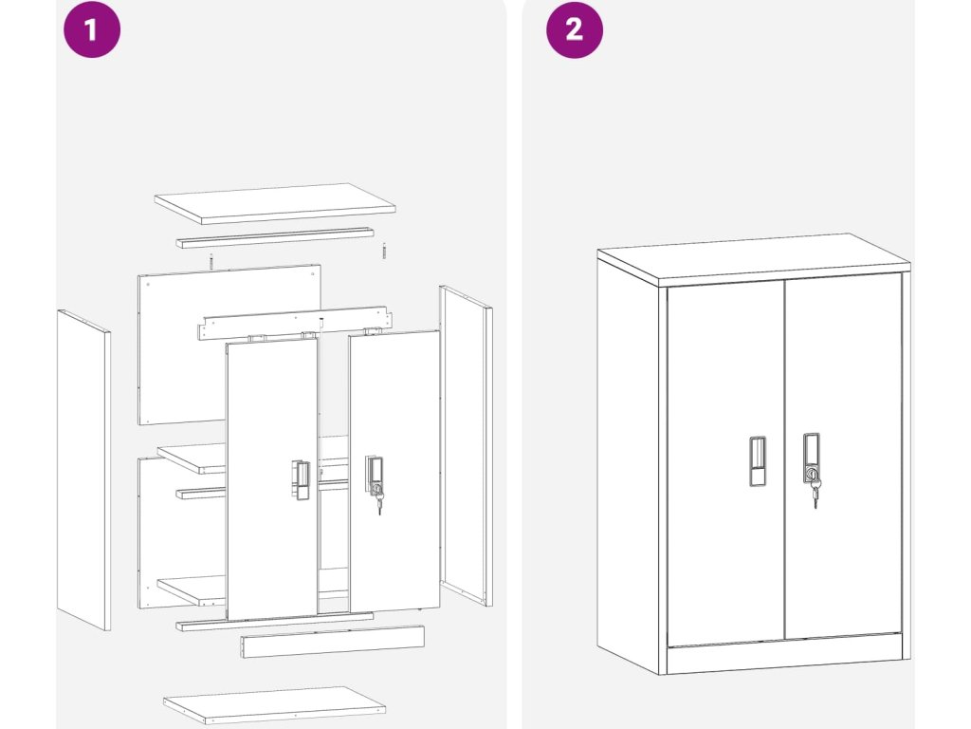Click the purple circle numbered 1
point(92,29)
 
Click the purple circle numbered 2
point(574,29)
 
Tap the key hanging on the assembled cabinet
point(815,494)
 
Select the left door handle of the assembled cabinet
point(758,460)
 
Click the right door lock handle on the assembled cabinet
point(812,458)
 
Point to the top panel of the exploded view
point(275,203)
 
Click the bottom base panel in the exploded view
point(275,705)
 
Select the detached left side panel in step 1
point(83,470)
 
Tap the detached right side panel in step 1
point(467,446)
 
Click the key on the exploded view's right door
point(378,499)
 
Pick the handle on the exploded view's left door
point(301,480)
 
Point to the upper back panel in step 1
point(229,345)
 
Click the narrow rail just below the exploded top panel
point(275,238)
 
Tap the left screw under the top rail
point(211,262)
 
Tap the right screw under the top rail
point(384,251)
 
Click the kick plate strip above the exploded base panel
point(333,642)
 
